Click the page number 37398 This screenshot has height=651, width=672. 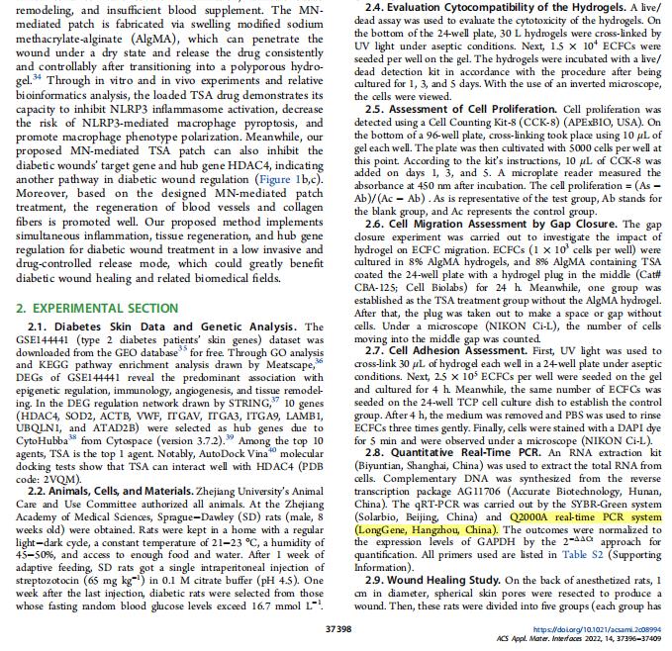tap(336, 628)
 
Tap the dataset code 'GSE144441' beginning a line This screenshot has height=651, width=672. tap(41, 310)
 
